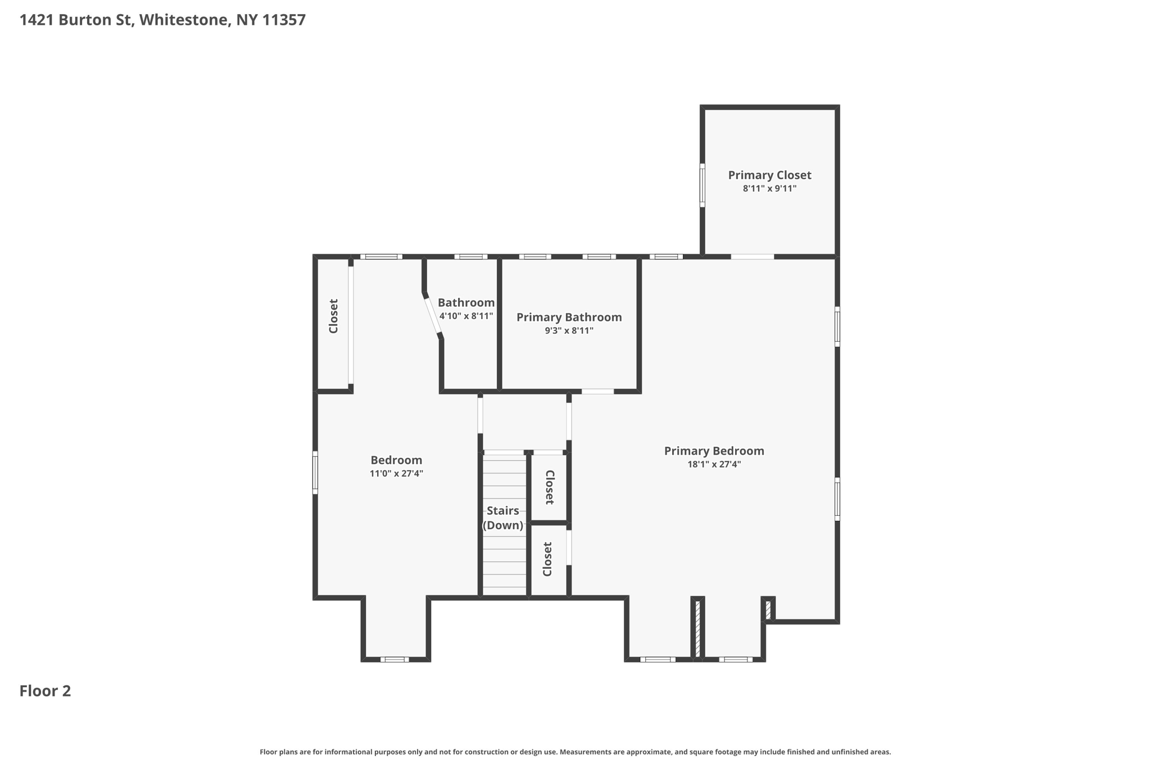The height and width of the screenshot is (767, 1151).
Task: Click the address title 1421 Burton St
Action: pyautogui.click(x=162, y=20)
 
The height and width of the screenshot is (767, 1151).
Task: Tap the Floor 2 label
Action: pyautogui.click(x=45, y=691)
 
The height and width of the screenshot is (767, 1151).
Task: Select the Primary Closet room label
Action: pyautogui.click(x=769, y=175)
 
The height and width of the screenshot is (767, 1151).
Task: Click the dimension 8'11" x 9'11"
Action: pyautogui.click(x=769, y=189)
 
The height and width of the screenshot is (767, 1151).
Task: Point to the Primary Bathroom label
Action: pyautogui.click(x=569, y=317)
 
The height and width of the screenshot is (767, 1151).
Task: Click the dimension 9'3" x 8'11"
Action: pyautogui.click(x=569, y=331)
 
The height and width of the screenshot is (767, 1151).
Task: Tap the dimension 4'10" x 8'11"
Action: pyautogui.click(x=466, y=316)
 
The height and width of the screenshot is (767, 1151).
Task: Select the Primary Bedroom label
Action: pyautogui.click(x=714, y=451)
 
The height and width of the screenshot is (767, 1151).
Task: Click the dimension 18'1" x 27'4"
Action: pyautogui.click(x=714, y=465)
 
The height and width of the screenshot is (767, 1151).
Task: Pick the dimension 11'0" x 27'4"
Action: pyautogui.click(x=396, y=474)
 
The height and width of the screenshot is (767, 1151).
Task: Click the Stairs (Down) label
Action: pyautogui.click(x=503, y=518)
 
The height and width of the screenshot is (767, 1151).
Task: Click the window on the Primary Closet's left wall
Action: pyautogui.click(x=702, y=185)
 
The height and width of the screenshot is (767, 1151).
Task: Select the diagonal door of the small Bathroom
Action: pyautogui.click(x=432, y=316)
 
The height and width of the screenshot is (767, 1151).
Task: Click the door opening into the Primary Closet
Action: pyautogui.click(x=752, y=257)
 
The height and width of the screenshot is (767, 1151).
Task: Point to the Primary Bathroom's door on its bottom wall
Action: pyautogui.click(x=597, y=392)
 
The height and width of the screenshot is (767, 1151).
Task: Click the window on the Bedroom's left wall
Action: pyautogui.click(x=315, y=473)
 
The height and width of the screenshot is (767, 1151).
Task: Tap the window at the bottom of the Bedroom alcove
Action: pyautogui.click(x=395, y=659)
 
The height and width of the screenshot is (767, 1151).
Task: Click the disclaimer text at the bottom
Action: pyautogui.click(x=575, y=752)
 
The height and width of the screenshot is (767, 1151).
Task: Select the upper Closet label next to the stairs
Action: pyautogui.click(x=550, y=487)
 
